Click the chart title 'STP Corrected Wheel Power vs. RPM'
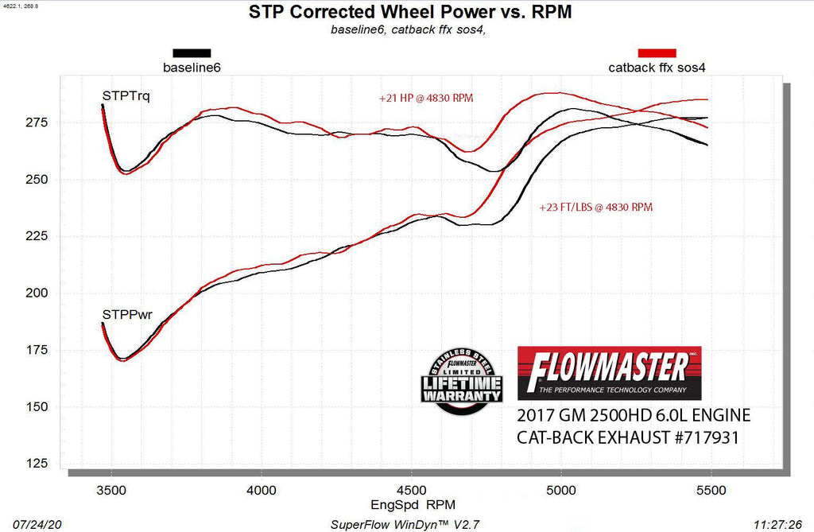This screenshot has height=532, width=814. (409, 13)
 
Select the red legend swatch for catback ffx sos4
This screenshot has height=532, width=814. (657, 53)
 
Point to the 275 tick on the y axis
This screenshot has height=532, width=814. (38, 122)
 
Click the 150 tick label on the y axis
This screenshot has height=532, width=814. (38, 407)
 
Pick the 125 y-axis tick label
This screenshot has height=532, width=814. (38, 464)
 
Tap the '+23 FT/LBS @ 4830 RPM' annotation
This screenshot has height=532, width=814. (596, 208)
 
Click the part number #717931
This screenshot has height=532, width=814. (705, 437)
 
